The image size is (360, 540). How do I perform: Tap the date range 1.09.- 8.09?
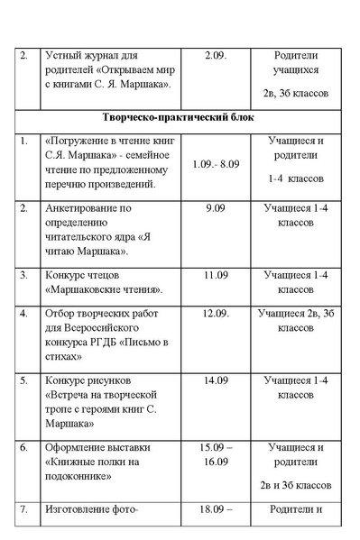coord(216,164)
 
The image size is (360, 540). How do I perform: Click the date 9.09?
coord(216,207)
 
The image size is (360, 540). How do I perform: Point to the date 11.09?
coord(216,272)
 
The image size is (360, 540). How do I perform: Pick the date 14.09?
coord(216,380)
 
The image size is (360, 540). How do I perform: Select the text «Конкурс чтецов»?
coord(82,272)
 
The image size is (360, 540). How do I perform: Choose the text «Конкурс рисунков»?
coord(87,380)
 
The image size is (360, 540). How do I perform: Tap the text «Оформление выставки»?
coord(97,446)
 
